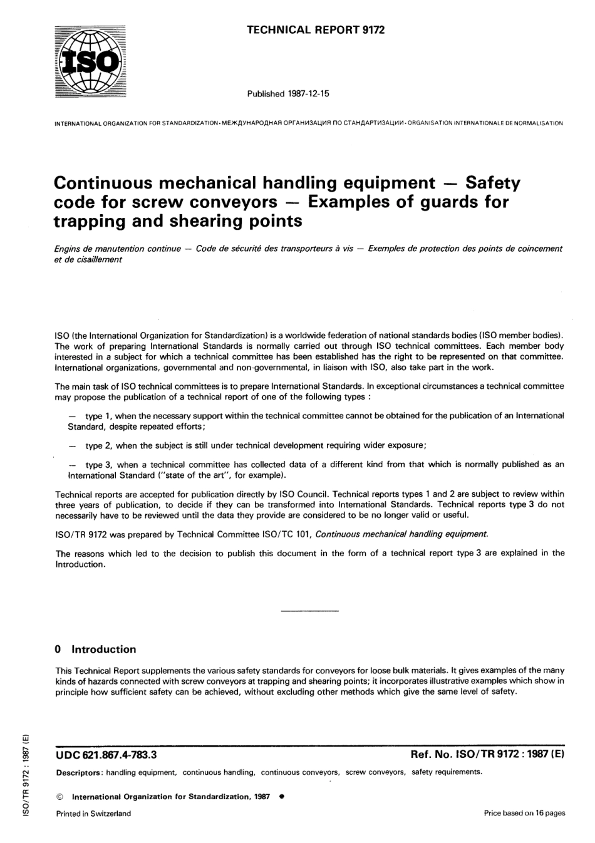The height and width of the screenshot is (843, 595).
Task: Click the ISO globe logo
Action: click(x=90, y=61)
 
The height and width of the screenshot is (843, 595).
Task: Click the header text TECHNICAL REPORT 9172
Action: click(x=316, y=29)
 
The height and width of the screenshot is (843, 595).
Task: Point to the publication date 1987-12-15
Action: click(x=309, y=94)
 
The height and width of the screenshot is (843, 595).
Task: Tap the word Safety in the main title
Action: click(x=492, y=183)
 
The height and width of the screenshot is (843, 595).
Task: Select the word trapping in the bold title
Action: click(x=90, y=221)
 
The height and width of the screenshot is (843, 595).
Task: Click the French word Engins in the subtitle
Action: click(x=68, y=249)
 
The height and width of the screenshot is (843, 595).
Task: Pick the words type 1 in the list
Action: click(x=99, y=415)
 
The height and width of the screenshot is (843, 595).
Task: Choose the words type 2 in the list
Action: click(x=99, y=445)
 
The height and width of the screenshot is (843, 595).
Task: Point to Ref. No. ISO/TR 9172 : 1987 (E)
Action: click(x=487, y=755)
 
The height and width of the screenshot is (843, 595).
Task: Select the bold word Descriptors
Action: click(x=78, y=773)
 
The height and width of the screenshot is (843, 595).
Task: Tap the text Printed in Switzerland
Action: click(x=93, y=814)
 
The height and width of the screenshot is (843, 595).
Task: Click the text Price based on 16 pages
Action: click(x=524, y=813)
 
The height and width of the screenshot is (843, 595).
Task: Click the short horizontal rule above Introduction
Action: click(x=310, y=610)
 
